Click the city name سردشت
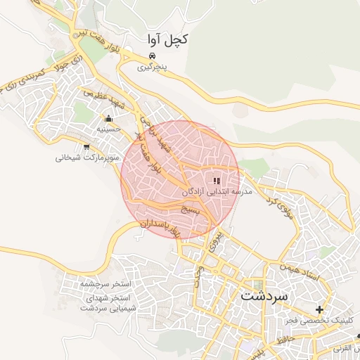click(264, 296)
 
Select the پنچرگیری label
click(154, 68)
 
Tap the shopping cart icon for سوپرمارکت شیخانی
click(86, 147)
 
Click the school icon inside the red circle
click(217, 180)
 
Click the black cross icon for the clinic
click(320, 309)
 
